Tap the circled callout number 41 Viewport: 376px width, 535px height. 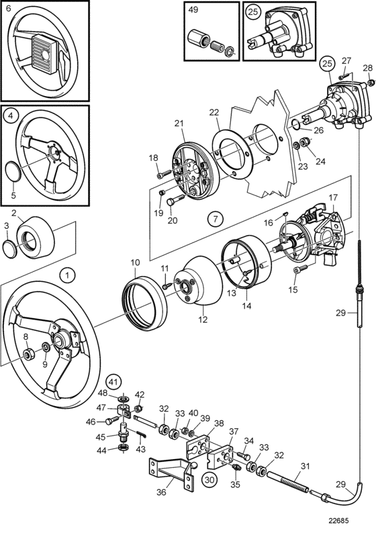pyautogui.click(x=113, y=381)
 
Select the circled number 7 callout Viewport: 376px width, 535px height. pyautogui.click(x=216, y=218)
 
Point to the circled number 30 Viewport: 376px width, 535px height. pyautogui.click(x=210, y=479)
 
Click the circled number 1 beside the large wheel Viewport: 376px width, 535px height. pyautogui.click(x=67, y=275)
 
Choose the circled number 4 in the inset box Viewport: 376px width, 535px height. pyautogui.click(x=11, y=115)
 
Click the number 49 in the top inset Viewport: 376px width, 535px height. pyautogui.click(x=193, y=9)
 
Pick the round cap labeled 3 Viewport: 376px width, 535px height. pyautogui.click(x=9, y=249)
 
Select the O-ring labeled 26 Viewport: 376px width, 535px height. pyautogui.click(x=296, y=125)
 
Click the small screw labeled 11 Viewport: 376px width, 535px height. pyautogui.click(x=167, y=286)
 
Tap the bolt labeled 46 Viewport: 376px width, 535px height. pyautogui.click(x=111, y=422)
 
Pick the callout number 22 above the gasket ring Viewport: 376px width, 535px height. pyautogui.click(x=214, y=112)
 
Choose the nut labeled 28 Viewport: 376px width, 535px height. pyautogui.click(x=371, y=83)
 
